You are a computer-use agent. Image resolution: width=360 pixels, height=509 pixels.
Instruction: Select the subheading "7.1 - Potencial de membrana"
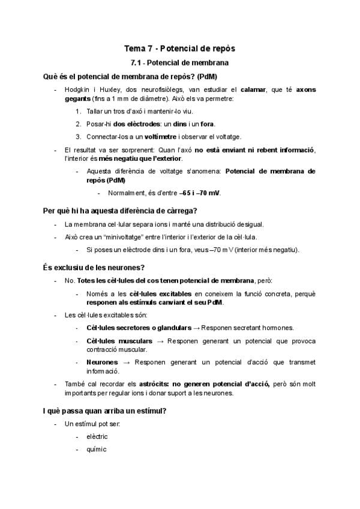179,62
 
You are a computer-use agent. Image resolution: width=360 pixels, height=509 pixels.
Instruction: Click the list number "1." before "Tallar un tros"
79,111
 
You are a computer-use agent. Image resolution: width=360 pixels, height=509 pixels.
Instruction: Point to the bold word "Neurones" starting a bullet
102,363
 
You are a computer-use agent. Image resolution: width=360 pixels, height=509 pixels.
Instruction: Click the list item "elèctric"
97,436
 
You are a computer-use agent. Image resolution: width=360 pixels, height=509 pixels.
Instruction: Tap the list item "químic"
96,450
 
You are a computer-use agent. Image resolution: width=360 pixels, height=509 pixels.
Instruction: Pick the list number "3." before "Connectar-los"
79,136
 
